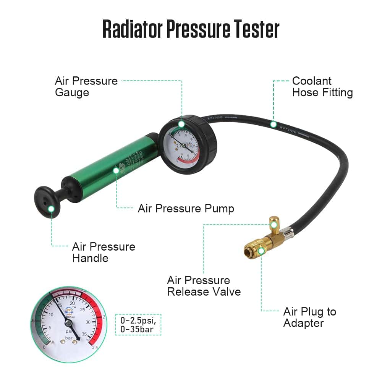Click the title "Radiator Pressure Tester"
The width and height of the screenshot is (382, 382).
click(191, 29)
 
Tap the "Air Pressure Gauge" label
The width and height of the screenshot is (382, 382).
click(86, 87)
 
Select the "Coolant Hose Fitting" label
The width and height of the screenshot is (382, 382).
click(322, 87)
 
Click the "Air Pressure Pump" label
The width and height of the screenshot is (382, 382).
click(186, 209)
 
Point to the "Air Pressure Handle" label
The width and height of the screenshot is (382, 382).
click(104, 252)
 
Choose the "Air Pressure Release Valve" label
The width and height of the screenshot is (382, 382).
click(204, 286)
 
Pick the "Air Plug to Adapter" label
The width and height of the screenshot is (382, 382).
click(309, 317)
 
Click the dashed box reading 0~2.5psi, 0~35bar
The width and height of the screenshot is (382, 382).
click(138, 324)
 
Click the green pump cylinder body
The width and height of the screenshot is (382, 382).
click(111, 168)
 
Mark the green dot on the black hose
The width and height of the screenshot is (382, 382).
click(273, 124)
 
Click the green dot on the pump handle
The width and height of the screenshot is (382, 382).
click(51, 208)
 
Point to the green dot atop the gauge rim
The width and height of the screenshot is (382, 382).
click(181, 123)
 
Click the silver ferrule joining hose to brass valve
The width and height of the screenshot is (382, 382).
click(289, 231)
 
